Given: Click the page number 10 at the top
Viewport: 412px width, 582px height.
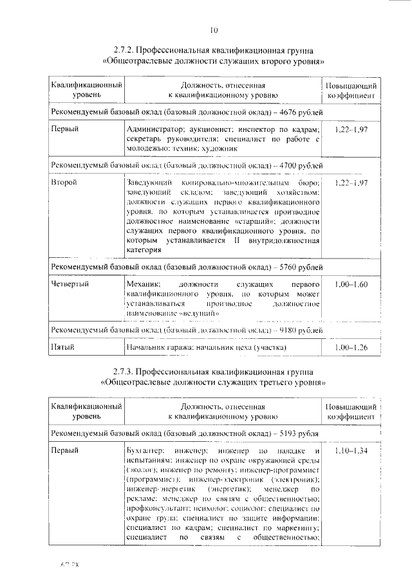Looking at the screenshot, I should click(214, 29).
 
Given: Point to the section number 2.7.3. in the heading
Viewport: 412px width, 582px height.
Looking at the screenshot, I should click(126, 372).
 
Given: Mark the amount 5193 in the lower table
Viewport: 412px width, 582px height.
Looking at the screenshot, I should click(279, 433).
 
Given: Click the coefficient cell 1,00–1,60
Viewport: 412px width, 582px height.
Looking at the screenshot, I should click(351, 284).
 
